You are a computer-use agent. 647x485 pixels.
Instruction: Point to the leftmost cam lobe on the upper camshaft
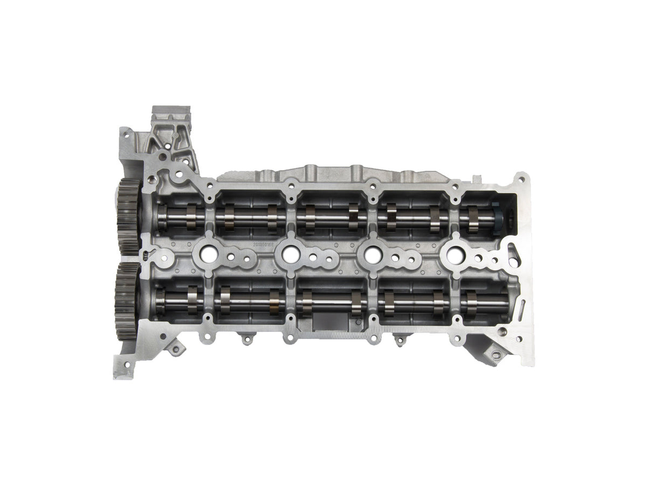(192, 216)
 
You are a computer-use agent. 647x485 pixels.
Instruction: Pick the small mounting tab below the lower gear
(176, 348)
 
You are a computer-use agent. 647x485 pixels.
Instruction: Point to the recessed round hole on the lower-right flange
(503, 331)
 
